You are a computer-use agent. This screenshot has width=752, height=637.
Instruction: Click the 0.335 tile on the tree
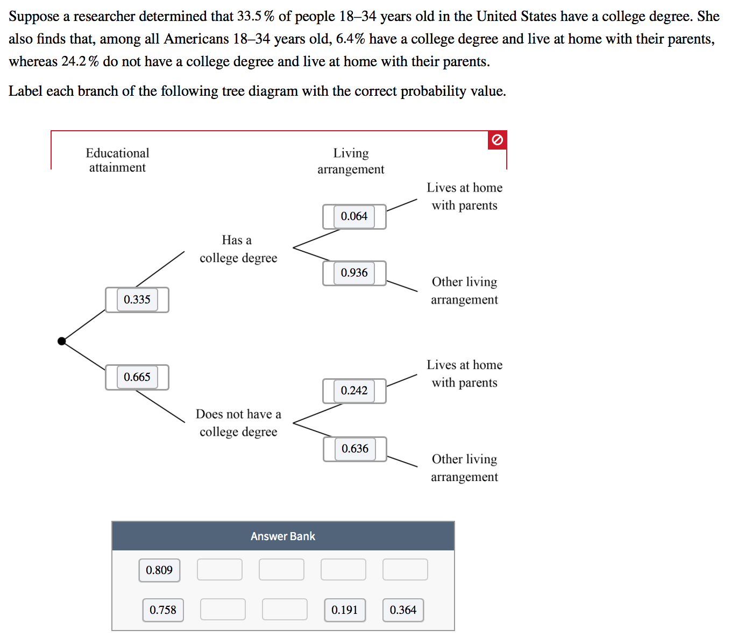137,300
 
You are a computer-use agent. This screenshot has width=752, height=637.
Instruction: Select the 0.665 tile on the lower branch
137,377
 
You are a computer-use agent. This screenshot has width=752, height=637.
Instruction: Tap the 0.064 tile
354,216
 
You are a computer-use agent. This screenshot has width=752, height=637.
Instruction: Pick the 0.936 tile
354,273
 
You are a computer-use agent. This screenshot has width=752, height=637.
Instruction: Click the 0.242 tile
354,391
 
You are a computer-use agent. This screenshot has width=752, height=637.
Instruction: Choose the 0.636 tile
355,449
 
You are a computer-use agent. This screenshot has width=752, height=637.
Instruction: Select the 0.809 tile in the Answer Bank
159,570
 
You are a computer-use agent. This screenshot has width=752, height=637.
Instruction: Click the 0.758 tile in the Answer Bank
163,610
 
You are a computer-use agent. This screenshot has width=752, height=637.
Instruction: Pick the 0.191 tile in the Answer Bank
345,610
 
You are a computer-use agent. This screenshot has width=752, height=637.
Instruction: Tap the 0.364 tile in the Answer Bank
403,610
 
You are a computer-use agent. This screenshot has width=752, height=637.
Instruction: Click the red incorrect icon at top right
498,140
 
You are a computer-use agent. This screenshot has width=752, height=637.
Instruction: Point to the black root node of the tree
62,341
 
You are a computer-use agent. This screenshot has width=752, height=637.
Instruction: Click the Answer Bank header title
283,536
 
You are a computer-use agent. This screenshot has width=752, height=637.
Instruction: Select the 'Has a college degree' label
238,249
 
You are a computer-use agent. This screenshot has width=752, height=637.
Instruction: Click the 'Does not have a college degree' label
238,423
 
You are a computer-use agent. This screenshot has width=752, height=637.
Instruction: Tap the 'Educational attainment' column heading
117,160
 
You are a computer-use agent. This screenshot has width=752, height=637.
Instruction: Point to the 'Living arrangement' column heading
351,161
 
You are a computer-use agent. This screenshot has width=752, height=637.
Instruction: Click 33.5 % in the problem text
256,17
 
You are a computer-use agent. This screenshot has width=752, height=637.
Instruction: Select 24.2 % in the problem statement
80,62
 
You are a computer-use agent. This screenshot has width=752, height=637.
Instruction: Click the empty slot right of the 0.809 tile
219,570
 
